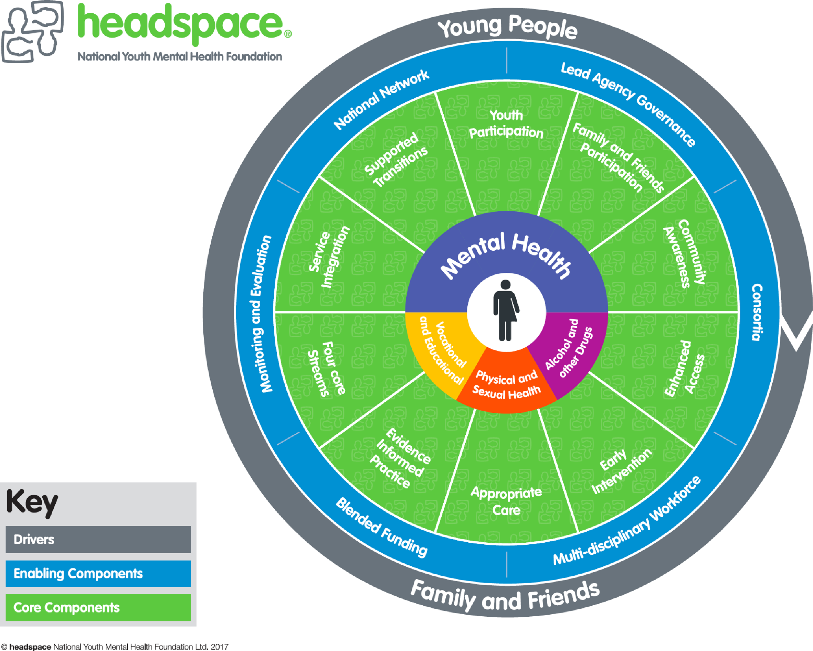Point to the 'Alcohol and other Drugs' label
pyautogui.click(x=569, y=348)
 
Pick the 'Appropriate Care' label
pyautogui.click(x=506, y=501)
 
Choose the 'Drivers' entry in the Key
pyautogui.click(x=34, y=540)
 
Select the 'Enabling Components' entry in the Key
pyautogui.click(x=78, y=573)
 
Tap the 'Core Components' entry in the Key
pyautogui.click(x=66, y=607)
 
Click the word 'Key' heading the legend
pyautogui.click(x=32, y=503)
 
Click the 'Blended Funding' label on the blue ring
pyautogui.click(x=381, y=527)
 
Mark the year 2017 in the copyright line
pyautogui.click(x=220, y=647)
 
